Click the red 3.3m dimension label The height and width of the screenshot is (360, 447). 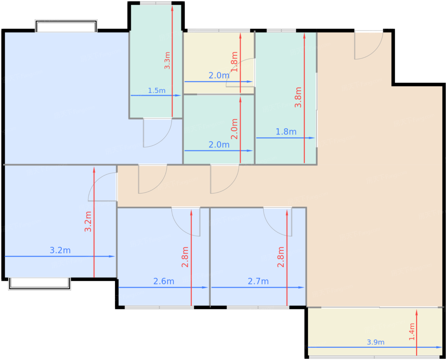(x=167, y=60)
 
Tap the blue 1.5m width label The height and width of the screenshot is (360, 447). (x=157, y=91)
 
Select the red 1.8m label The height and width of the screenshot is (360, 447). (x=234, y=62)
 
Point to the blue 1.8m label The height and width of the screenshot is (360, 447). (x=286, y=132)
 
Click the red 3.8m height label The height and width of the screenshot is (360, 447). (x=298, y=97)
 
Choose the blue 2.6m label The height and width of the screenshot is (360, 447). (x=164, y=281)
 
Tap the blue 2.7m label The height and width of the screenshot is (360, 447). (x=258, y=281)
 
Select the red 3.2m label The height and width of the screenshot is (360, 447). (x=88, y=222)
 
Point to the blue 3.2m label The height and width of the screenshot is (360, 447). (x=60, y=250)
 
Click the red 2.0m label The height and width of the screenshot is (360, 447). (x=234, y=129)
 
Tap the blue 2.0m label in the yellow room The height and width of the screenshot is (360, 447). (x=219, y=75)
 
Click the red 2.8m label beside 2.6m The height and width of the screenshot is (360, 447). (x=185, y=257)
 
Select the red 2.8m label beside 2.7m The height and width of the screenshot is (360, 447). (x=281, y=257)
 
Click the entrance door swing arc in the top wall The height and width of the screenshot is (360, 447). (x=375, y=53)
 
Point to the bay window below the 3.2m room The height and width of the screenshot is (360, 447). (x=40, y=284)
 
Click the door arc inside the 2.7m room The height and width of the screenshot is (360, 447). (x=271, y=228)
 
